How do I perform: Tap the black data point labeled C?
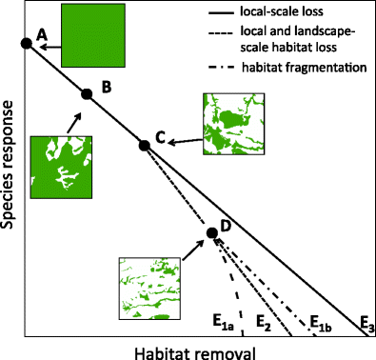[x=144, y=145]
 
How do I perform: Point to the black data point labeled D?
[x=212, y=232]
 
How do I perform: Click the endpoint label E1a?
[x=223, y=323]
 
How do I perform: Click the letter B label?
[x=107, y=87]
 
